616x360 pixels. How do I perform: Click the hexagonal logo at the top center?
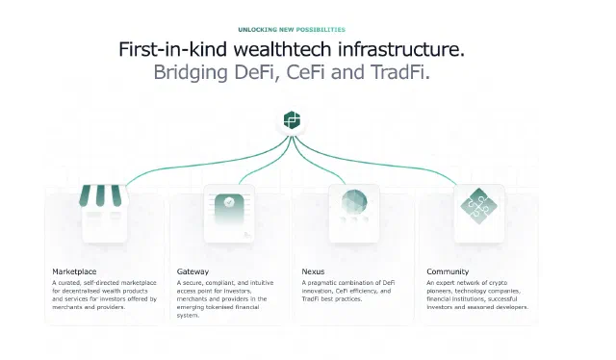pos(292,120)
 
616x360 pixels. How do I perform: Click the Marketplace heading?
pos(74,271)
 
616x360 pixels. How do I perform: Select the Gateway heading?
pos(192,271)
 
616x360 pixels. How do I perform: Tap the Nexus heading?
pos(313,271)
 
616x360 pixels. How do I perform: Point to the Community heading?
pos(448,271)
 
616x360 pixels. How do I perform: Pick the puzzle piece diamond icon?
pos(479,206)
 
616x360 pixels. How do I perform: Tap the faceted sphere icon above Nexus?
pos(354,202)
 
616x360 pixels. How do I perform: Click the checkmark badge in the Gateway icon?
pos(229,202)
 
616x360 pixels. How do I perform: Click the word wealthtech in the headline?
pos(282,49)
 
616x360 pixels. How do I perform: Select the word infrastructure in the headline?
pos(401,49)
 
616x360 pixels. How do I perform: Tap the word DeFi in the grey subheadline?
pos(257,72)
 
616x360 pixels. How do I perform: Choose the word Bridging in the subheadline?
pos(191,73)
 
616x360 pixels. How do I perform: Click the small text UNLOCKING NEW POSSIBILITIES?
pos(292,30)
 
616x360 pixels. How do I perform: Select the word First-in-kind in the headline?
pos(173,49)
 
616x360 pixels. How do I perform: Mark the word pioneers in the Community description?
pos(439,292)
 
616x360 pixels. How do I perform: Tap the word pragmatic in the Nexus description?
pos(321,283)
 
